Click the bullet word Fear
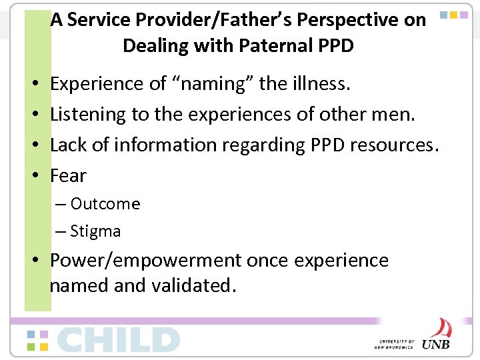(x=69, y=175)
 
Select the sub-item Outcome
(x=105, y=203)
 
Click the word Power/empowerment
(x=145, y=260)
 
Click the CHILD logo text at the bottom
(x=119, y=339)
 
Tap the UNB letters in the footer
(x=437, y=343)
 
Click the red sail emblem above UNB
(x=440, y=327)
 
